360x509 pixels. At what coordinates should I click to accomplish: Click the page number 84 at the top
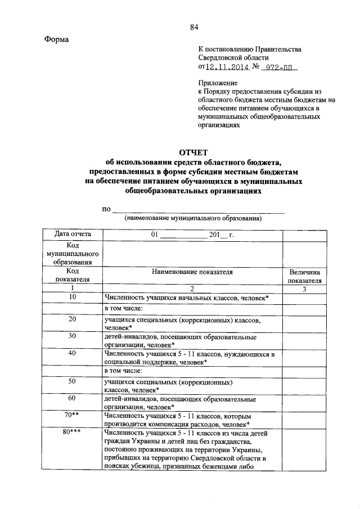tap(194, 27)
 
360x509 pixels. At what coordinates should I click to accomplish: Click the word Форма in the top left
tap(57, 39)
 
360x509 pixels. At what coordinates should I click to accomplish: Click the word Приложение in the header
tap(217, 82)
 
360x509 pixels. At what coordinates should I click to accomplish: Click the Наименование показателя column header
tap(192, 271)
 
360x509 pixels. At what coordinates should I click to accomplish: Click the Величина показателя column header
tap(304, 276)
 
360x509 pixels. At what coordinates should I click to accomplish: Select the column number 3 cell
tap(304, 289)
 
